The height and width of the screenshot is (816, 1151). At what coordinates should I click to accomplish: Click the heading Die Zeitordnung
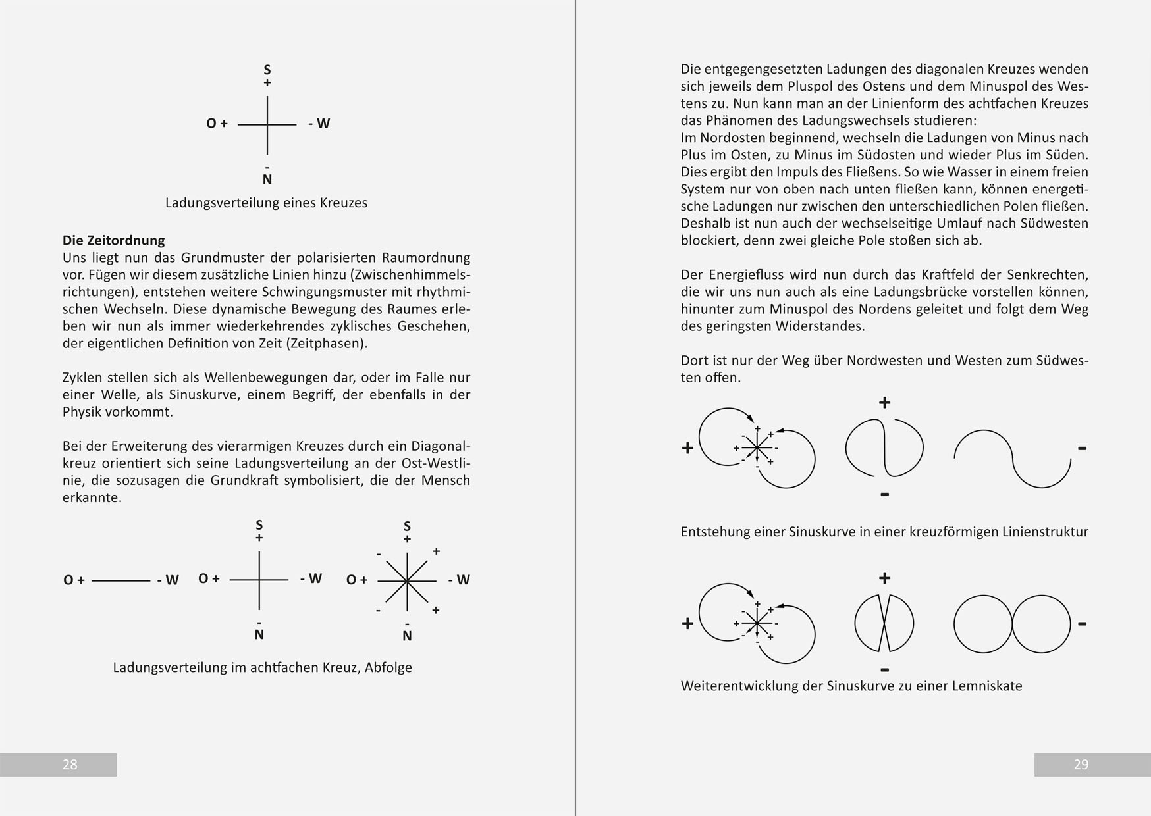tap(113, 240)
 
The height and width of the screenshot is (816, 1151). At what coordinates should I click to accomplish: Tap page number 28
tap(70, 764)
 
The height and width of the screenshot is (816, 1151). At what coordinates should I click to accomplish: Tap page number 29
tap(1081, 764)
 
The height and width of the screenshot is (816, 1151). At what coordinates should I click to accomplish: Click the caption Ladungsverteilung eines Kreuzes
tap(266, 203)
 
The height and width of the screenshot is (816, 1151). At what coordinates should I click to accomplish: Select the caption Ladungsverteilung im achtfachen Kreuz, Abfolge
tap(262, 667)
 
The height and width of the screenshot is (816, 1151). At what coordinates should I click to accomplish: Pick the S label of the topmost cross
tap(267, 69)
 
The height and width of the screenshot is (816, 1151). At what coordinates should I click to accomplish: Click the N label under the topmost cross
tap(267, 179)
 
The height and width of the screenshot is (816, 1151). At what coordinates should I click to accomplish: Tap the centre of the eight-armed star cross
tap(407, 581)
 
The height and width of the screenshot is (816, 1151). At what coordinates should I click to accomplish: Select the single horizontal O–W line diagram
tap(120, 580)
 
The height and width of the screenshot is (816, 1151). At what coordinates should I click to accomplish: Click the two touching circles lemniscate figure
tap(1012, 624)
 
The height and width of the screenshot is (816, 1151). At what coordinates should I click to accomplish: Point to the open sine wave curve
tap(1012, 458)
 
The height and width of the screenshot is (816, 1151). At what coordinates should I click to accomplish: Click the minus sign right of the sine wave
tap(1082, 448)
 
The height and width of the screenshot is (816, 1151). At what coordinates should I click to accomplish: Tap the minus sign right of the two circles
tap(1082, 623)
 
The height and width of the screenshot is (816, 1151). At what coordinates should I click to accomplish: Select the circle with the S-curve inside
tap(884, 449)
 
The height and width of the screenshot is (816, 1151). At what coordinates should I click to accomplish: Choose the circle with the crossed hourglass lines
tap(884, 623)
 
